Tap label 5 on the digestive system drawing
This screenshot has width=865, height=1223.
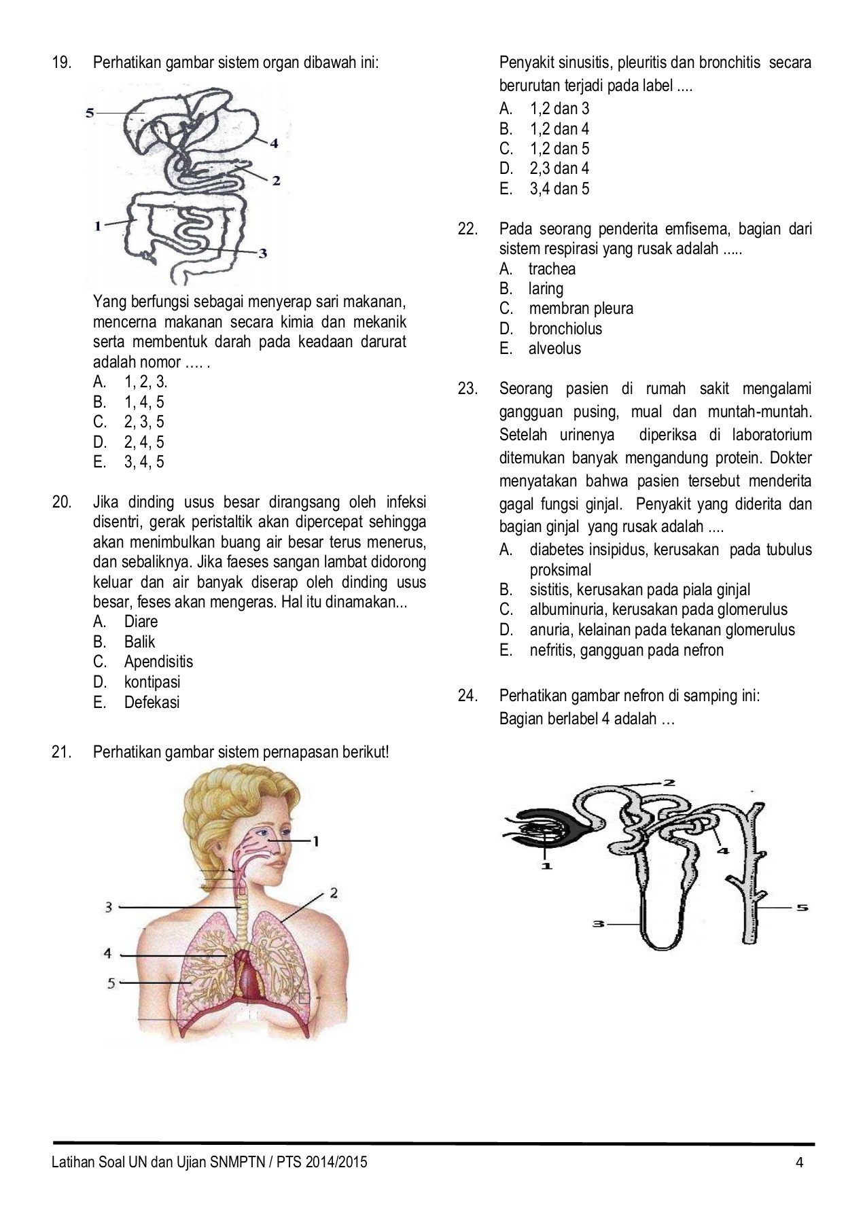click(x=90, y=113)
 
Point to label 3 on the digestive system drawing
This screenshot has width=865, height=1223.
click(x=263, y=253)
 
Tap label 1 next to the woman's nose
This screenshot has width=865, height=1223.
click(x=315, y=841)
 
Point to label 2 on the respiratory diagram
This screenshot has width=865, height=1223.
click(x=334, y=893)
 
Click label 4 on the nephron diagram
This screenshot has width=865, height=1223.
click(x=723, y=850)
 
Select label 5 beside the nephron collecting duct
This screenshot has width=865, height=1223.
click(x=802, y=907)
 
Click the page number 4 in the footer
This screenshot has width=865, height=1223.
click(x=799, y=1162)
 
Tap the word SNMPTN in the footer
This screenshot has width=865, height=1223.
click(x=237, y=1162)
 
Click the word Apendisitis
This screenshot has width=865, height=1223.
click(x=158, y=662)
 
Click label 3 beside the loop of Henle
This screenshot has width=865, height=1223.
click(x=598, y=924)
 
